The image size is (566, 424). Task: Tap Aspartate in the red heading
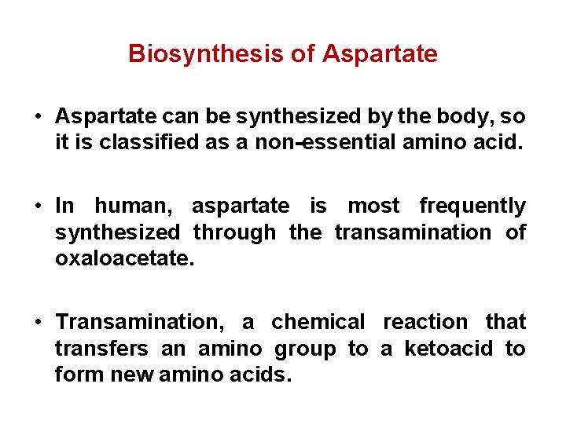380,53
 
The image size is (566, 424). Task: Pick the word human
134,207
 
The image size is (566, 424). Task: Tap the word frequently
472,207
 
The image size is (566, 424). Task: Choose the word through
234,233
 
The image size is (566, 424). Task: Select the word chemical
318,323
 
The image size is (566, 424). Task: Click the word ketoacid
450,349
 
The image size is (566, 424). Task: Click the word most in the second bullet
373,207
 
